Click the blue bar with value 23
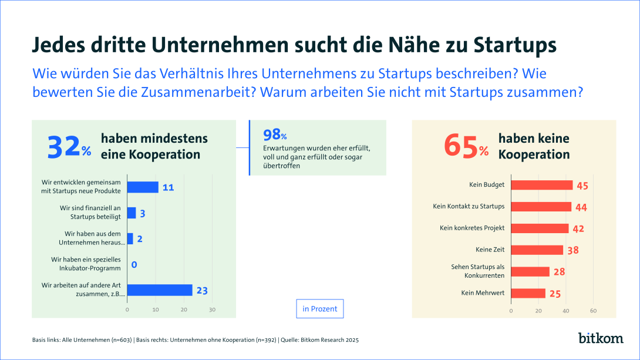click(160, 290)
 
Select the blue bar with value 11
click(143, 187)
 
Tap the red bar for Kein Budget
click(541, 185)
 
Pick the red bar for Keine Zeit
click(537, 250)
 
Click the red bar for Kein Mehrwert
click(528, 292)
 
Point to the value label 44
click(581, 207)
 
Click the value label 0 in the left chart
click(134, 265)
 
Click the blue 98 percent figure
click(275, 135)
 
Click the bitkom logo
click(601, 339)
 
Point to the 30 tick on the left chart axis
click(213, 309)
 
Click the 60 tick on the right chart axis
click(593, 310)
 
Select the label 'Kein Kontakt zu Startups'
click(468, 206)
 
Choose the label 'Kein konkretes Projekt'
click(472, 228)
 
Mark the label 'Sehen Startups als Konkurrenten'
click(478, 271)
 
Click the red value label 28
click(560, 272)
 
